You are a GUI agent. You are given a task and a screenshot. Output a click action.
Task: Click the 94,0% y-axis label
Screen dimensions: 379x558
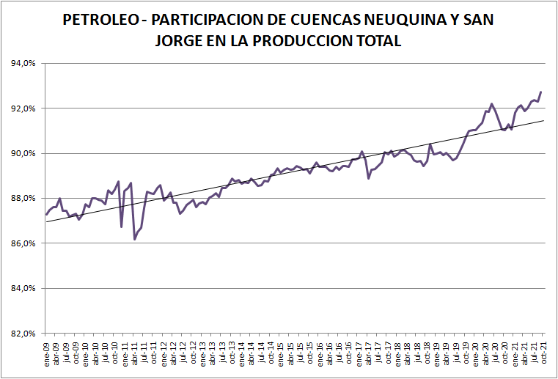(x=23, y=63)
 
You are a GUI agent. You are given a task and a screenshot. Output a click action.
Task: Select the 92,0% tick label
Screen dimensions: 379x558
(x=23, y=108)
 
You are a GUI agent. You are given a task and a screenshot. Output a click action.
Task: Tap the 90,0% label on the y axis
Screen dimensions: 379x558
(x=23, y=153)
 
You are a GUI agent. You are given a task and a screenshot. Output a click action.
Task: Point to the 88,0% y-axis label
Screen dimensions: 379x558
(x=23, y=199)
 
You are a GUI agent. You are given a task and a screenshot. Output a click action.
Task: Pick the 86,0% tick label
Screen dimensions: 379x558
(x=23, y=243)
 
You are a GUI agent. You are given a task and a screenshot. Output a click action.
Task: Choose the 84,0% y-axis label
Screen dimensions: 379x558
(x=23, y=288)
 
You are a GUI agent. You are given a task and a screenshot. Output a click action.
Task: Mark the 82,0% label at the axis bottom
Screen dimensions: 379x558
(x=23, y=334)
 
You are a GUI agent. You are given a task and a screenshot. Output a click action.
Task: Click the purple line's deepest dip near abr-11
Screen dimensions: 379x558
(x=135, y=239)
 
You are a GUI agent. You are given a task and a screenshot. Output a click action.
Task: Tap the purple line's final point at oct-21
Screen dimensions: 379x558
(x=541, y=92)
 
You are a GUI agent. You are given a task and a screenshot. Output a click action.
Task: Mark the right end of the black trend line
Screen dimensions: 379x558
(x=544, y=120)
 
